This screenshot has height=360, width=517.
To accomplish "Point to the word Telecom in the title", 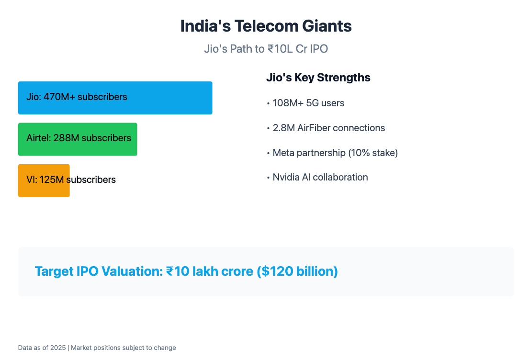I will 265,26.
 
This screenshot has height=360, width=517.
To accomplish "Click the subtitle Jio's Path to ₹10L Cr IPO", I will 266,49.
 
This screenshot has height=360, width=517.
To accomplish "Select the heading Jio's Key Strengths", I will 318,78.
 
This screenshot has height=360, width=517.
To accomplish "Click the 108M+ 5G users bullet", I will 308,103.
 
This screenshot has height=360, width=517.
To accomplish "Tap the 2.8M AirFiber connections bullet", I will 328,128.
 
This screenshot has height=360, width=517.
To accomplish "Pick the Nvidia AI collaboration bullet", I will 320,177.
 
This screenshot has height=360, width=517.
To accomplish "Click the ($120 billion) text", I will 297,271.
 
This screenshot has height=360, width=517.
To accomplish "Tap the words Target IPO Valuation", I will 98,271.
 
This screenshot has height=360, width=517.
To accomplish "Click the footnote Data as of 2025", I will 43,348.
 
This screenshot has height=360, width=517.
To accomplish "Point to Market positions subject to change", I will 124,348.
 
